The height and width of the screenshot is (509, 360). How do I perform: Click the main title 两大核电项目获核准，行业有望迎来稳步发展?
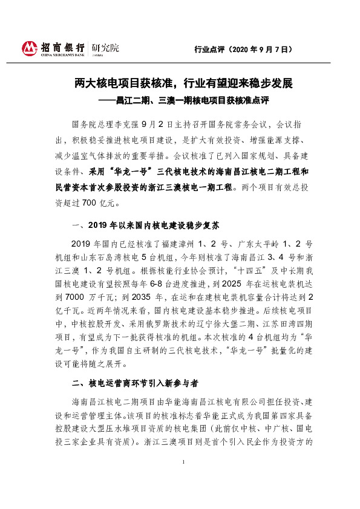click(180, 83)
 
